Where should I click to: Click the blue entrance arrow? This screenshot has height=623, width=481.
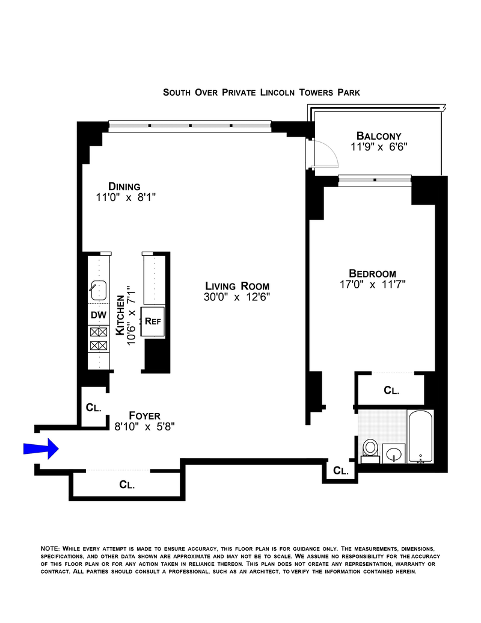(41, 448)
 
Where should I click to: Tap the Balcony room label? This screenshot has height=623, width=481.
(379, 136)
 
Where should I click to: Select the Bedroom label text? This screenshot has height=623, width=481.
(372, 273)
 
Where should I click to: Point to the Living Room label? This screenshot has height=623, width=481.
(237, 286)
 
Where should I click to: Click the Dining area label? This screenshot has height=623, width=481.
(124, 187)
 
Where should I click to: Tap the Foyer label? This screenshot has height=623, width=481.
(144, 415)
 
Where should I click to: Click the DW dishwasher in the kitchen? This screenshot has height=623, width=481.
(99, 315)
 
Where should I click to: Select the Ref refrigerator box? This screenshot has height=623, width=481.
(153, 322)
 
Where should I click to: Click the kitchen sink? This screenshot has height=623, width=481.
(99, 290)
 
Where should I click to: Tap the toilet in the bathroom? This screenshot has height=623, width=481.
(370, 451)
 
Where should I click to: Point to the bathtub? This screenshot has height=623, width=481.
(420, 436)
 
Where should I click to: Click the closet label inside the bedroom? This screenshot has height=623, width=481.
(391, 391)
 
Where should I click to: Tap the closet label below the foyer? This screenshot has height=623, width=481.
(127, 485)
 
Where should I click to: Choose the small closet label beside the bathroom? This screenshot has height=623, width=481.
(341, 471)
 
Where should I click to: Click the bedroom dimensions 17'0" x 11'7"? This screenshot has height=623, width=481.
(372, 285)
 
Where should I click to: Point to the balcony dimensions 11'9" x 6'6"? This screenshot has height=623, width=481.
(379, 147)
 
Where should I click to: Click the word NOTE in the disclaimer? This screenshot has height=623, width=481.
(50, 549)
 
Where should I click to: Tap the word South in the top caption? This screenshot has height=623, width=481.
(177, 93)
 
